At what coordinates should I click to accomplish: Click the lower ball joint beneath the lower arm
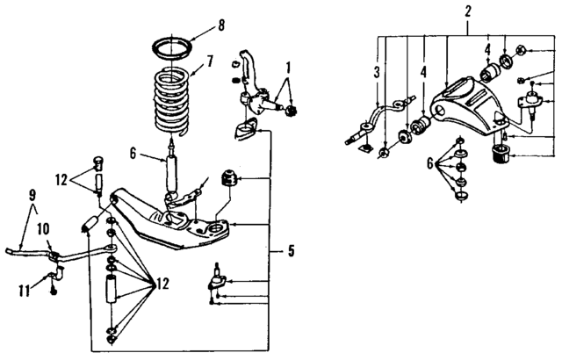click(215, 279)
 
